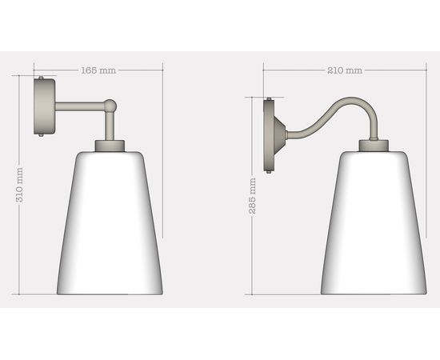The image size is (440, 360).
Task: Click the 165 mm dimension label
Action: tap(98, 70)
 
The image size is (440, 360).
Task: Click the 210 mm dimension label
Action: tap(345, 70)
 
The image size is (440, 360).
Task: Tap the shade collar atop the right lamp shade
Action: tap(373, 145)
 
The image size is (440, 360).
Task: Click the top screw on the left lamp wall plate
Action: tap(41, 78)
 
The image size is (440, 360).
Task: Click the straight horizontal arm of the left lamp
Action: tap(80, 105)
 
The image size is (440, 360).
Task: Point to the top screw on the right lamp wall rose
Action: tap(269, 99)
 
